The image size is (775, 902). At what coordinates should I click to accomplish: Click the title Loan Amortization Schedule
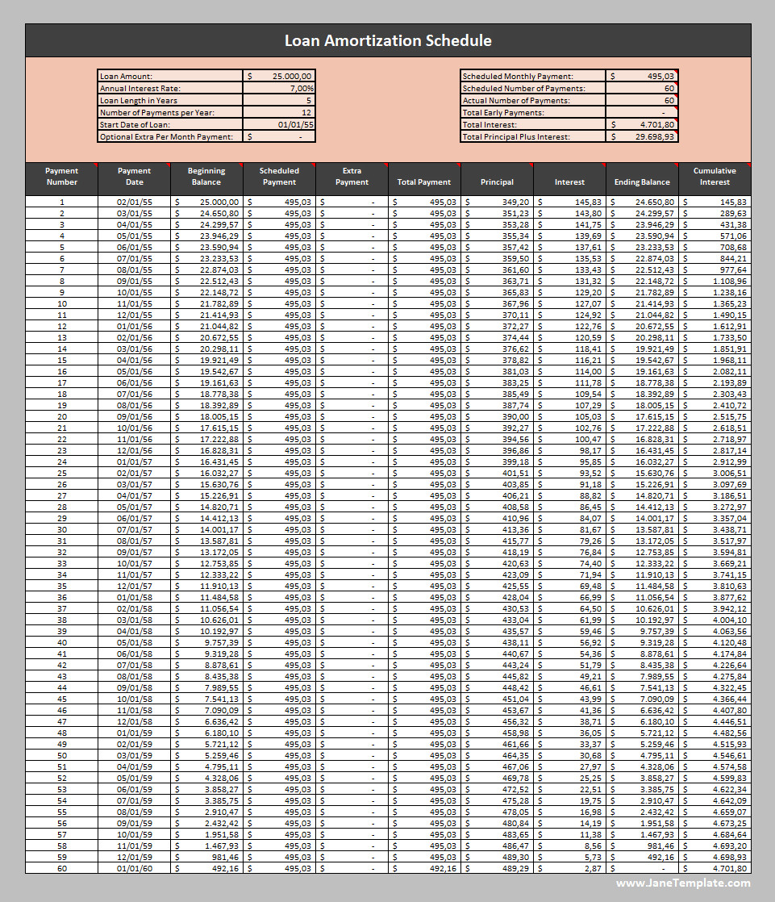click(388, 40)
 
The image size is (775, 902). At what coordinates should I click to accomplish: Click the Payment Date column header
click(134, 176)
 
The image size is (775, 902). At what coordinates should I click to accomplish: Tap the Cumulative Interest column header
click(715, 176)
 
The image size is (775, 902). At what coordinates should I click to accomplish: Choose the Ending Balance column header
click(642, 182)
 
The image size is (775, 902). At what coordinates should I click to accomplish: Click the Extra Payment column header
click(352, 176)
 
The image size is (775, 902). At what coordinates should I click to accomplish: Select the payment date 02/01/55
click(134, 202)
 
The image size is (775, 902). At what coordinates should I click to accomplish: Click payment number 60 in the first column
click(61, 868)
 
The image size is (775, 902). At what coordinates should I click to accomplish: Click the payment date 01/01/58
click(134, 597)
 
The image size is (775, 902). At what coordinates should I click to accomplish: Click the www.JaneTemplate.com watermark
click(683, 883)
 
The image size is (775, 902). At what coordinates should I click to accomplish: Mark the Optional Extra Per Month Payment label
click(168, 137)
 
